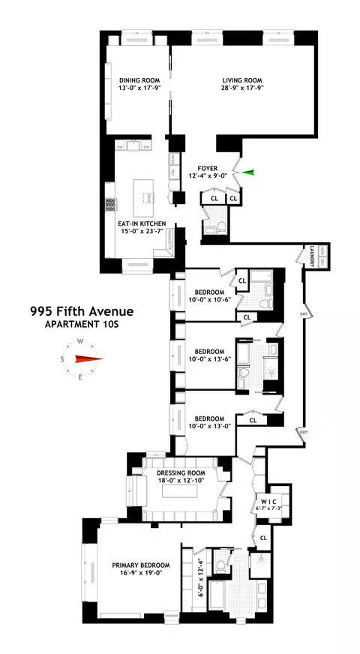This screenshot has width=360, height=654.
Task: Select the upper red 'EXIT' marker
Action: tap(304, 316)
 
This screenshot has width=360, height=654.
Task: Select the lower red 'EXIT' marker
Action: tap(304, 432)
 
